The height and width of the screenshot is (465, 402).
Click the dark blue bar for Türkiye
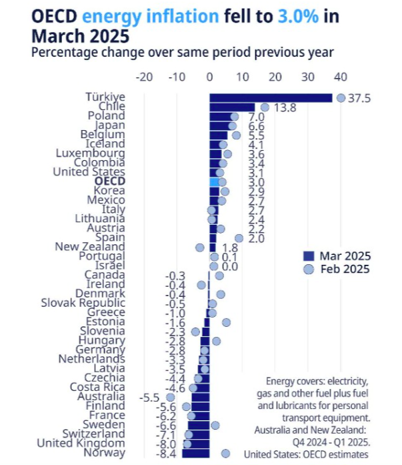pyautogui.click(x=270, y=98)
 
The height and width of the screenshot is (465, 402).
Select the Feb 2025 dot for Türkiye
pyautogui.click(x=341, y=98)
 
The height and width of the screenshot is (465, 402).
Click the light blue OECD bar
pyautogui.click(x=214, y=181)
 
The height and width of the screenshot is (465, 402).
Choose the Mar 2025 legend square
pyautogui.click(x=309, y=256)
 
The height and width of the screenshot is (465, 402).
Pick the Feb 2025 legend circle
pyautogui.click(x=309, y=270)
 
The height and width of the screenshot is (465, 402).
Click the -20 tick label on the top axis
pyautogui.click(x=144, y=77)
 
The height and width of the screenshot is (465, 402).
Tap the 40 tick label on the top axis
pyautogui.click(x=341, y=77)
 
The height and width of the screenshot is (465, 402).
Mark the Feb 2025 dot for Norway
pyautogui.click(x=225, y=453)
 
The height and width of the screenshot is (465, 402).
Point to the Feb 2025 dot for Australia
pyautogui.click(x=171, y=397)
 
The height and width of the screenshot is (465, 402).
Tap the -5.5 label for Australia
pyautogui.click(x=151, y=397)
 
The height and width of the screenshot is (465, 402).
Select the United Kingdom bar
pyautogui.click(x=197, y=444)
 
